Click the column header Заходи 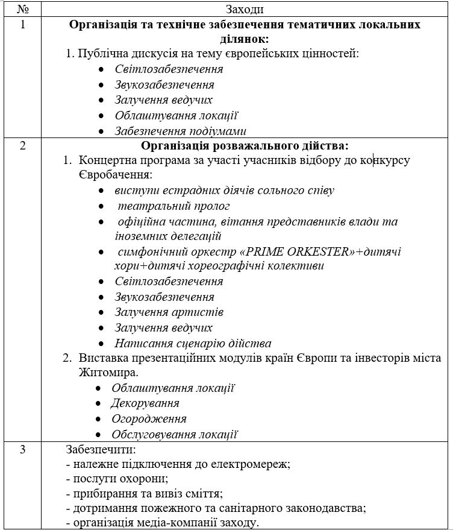pos(244,9)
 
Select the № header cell pos(23,9)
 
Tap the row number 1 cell pos(23,25)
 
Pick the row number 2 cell pos(23,146)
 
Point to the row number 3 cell pos(23,450)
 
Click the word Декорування pos(145,403)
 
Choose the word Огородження pos(149,419)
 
